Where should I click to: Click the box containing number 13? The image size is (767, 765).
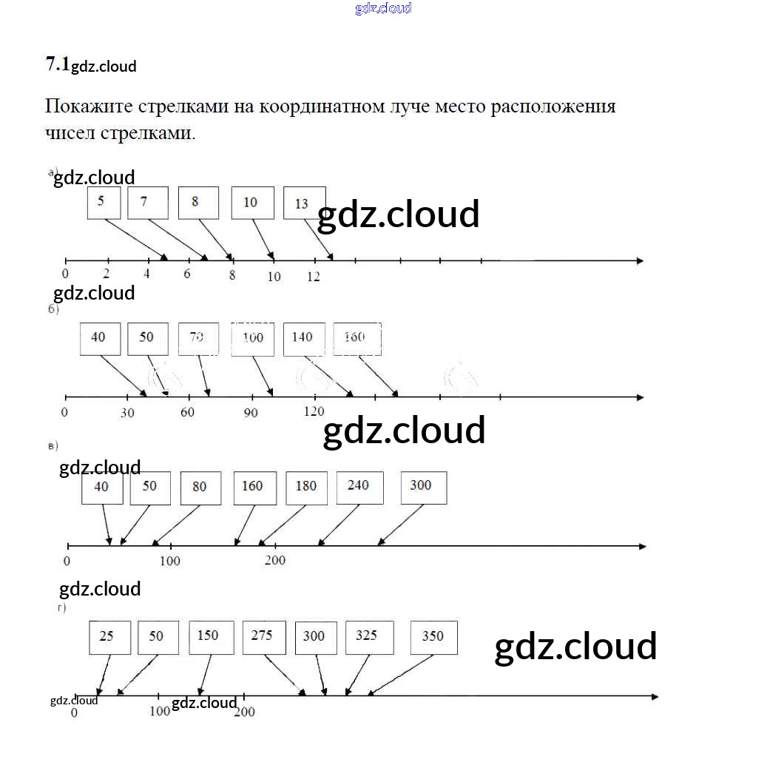(304, 203)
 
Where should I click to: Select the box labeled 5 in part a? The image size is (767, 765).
(104, 203)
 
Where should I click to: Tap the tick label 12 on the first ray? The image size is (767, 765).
(314, 277)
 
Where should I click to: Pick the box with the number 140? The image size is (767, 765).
(303, 338)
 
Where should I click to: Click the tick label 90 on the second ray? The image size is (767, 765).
(251, 413)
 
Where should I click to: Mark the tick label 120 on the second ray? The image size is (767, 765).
(314, 411)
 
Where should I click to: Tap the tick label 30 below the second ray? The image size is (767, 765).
(127, 413)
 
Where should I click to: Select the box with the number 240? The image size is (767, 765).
(359, 487)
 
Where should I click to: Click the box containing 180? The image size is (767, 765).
(306, 488)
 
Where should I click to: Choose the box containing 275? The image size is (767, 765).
(263, 637)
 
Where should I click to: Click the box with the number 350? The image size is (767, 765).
(433, 637)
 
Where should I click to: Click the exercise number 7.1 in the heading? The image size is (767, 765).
(57, 65)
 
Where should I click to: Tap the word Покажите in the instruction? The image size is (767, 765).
(88, 106)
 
